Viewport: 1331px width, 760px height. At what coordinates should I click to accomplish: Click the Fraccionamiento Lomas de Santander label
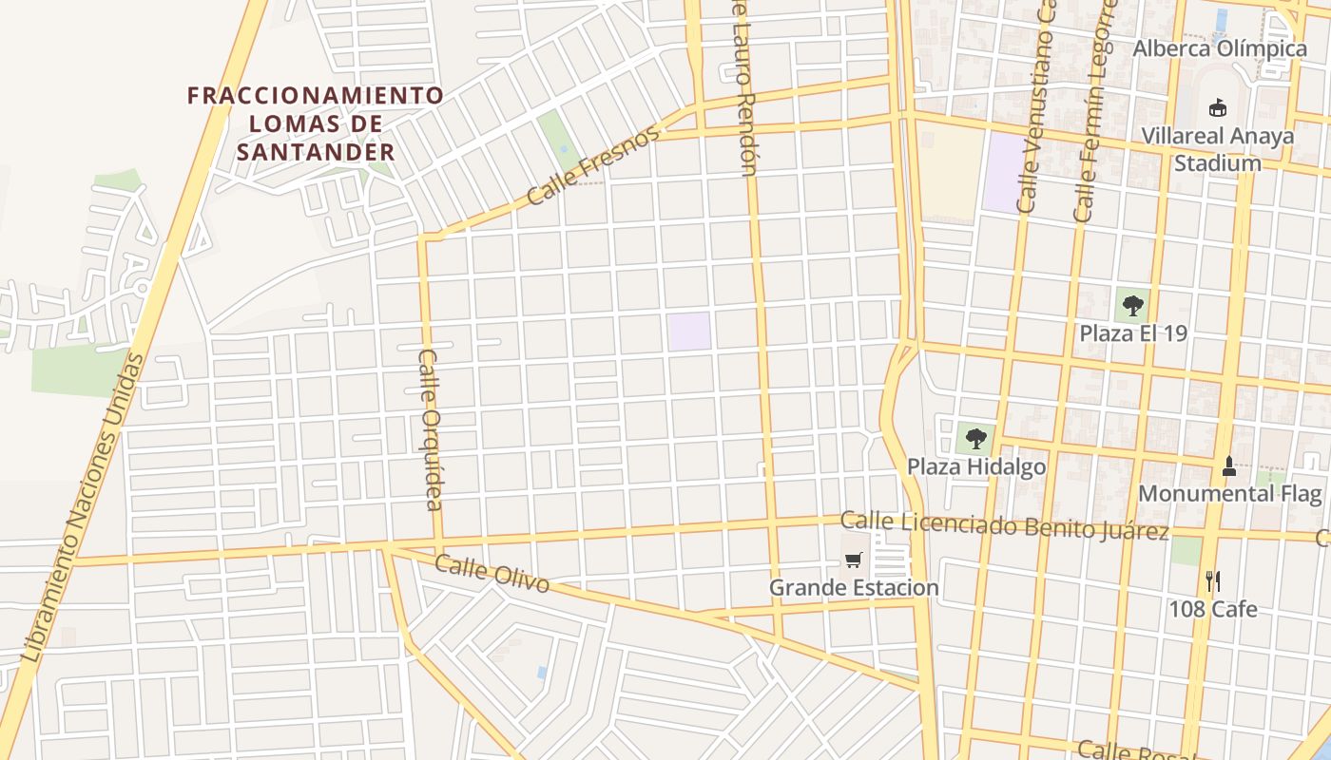pyautogui.click(x=316, y=123)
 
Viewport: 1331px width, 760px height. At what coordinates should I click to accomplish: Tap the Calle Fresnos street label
pyautogui.click(x=592, y=167)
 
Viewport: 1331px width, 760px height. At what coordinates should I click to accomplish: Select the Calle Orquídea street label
pyautogui.click(x=431, y=428)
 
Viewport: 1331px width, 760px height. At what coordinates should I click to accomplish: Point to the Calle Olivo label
pyautogui.click(x=492, y=574)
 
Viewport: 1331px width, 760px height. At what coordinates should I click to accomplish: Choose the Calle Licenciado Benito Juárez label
pyautogui.click(x=1005, y=524)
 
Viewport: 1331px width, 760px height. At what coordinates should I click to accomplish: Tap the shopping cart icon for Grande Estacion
pyautogui.click(x=853, y=560)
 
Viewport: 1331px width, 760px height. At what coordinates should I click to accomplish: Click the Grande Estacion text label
pyautogui.click(x=854, y=588)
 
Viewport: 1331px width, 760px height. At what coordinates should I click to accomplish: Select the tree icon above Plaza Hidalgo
pyautogui.click(x=975, y=439)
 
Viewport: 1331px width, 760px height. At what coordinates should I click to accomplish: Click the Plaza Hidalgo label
pyautogui.click(x=976, y=467)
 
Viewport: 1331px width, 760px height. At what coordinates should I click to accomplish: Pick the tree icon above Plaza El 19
pyautogui.click(x=1132, y=306)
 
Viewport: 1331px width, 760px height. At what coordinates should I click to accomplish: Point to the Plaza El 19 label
pyautogui.click(x=1133, y=334)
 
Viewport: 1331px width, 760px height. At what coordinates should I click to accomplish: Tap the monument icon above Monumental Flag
pyautogui.click(x=1228, y=465)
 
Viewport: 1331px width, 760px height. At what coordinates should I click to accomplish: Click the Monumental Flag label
pyautogui.click(x=1230, y=494)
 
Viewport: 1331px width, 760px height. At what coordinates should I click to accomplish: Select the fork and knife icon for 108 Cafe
pyautogui.click(x=1212, y=581)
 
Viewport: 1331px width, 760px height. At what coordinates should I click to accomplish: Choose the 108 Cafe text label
pyautogui.click(x=1213, y=609)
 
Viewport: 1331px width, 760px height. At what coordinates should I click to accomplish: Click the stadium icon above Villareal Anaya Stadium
pyautogui.click(x=1217, y=107)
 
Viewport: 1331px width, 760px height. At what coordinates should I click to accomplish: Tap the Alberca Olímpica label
pyautogui.click(x=1220, y=48)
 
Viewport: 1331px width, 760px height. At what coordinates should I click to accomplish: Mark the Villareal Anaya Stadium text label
pyautogui.click(x=1218, y=149)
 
